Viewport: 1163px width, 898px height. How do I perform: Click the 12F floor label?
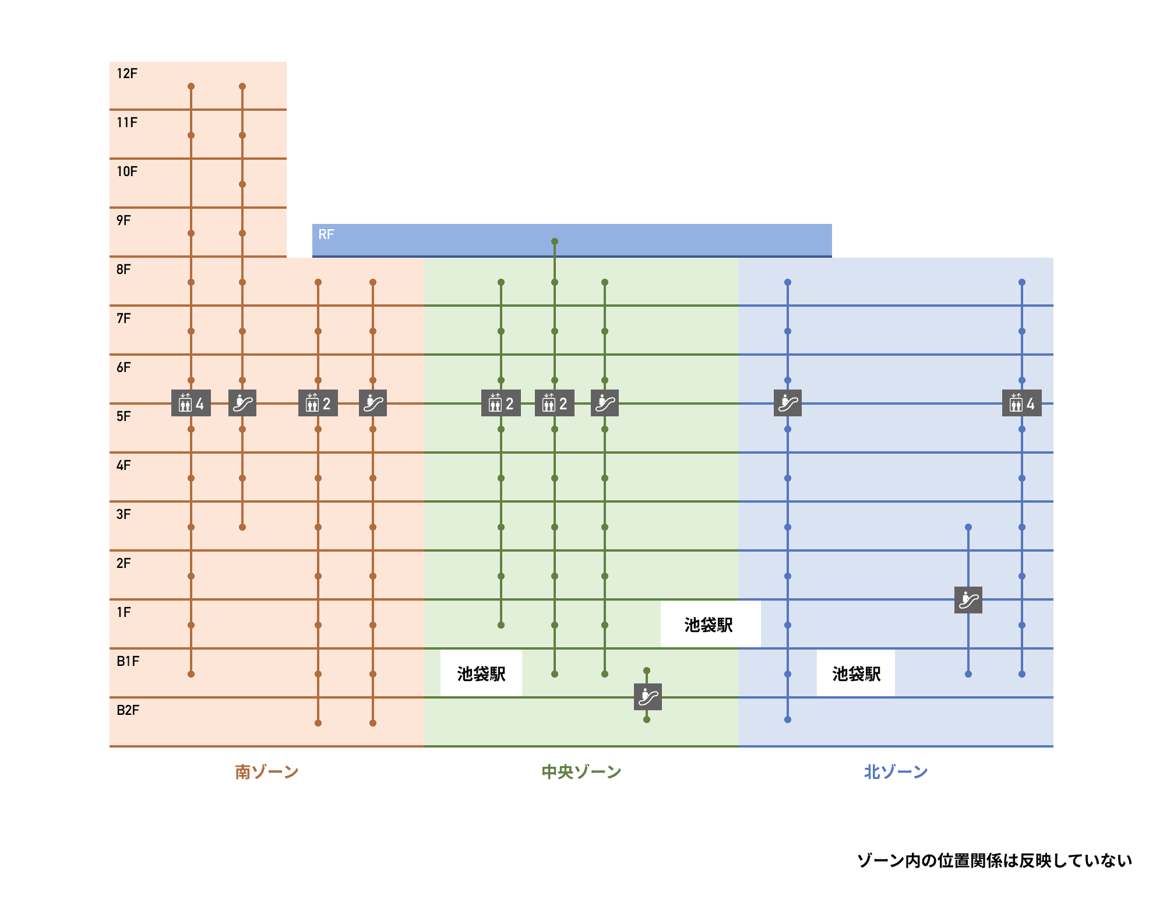tap(127, 73)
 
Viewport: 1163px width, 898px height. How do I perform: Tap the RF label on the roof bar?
tap(326, 234)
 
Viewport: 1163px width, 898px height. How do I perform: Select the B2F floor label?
tap(128, 710)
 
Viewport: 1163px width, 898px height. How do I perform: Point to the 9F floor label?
tap(124, 220)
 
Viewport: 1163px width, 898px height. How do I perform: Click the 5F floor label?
tap(124, 416)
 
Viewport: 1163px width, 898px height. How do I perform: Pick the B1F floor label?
tap(128, 661)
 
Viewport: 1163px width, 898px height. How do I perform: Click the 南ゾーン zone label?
tap(267, 772)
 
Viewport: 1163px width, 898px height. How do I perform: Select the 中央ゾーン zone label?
tap(581, 772)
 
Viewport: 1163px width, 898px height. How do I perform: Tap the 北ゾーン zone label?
tap(896, 772)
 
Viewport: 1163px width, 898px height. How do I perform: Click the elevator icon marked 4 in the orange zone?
tap(191, 403)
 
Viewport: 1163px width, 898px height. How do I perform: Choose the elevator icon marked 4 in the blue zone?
tap(1022, 403)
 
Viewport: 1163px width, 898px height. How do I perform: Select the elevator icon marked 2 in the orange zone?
tap(318, 403)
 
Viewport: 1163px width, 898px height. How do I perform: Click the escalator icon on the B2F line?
tap(648, 696)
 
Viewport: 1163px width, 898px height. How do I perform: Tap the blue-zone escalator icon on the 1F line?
tap(968, 599)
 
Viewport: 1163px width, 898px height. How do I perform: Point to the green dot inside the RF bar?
tap(555, 241)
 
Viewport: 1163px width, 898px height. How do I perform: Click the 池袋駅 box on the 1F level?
tap(710, 625)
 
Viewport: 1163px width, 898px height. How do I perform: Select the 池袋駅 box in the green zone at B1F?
tap(481, 673)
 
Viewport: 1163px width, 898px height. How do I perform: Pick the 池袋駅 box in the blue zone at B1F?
tap(856, 673)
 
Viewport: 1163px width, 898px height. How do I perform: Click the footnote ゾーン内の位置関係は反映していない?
tap(995, 860)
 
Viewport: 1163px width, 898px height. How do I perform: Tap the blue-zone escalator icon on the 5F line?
tap(788, 403)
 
